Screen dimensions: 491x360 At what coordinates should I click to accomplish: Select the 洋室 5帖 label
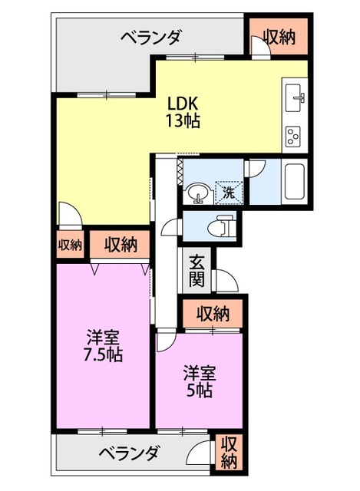tap(199, 381)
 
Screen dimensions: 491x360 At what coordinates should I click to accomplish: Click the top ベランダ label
tap(151, 36)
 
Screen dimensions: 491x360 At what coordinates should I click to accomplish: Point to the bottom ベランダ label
tap(128, 453)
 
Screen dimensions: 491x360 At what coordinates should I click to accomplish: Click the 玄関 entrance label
tap(197, 270)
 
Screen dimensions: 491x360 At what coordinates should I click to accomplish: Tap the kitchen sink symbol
tap(296, 98)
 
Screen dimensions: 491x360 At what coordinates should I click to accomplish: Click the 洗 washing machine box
tap(228, 192)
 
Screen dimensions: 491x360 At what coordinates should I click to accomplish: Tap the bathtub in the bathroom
tap(295, 183)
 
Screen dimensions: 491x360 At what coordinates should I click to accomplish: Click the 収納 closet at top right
tap(278, 35)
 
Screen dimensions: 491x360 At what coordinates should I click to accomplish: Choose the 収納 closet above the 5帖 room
tap(213, 313)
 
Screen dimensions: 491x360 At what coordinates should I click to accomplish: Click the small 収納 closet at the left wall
tap(70, 245)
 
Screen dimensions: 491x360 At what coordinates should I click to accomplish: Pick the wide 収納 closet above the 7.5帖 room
tap(121, 245)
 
